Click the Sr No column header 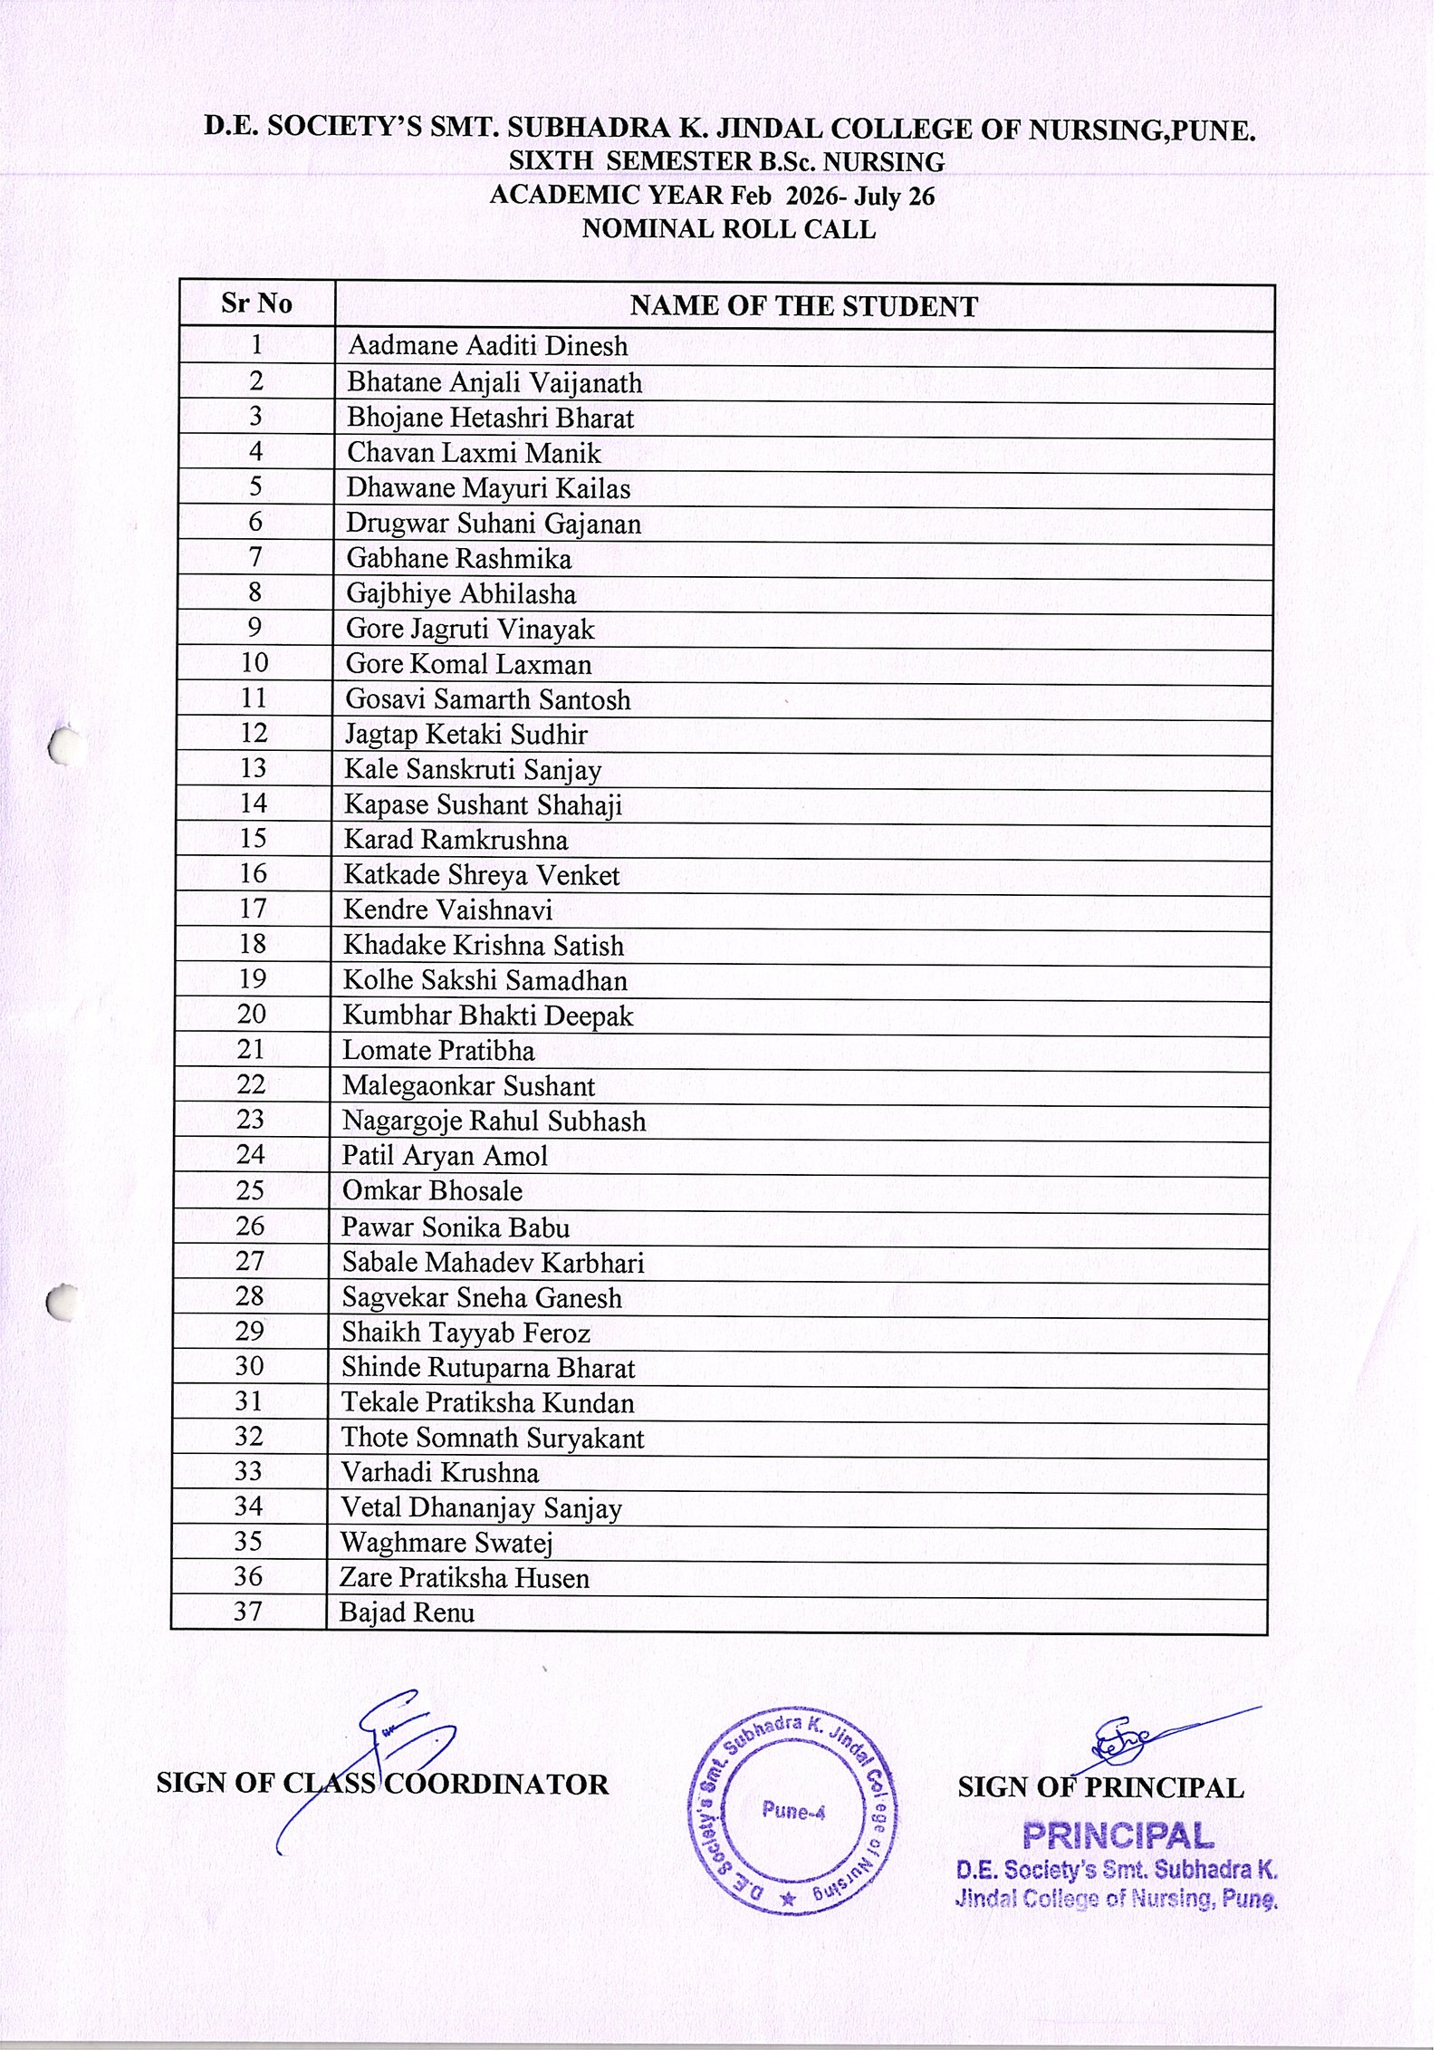(256, 303)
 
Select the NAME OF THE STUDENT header (803, 307)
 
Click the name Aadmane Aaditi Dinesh (487, 346)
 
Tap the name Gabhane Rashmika (458, 559)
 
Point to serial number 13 (253, 768)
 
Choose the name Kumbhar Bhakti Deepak (487, 1016)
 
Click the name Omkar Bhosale (432, 1191)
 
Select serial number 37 (247, 1612)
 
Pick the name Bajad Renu (407, 1612)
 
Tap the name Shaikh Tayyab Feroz (465, 1333)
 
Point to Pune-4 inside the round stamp (792, 1811)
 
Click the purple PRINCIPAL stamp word (1118, 1835)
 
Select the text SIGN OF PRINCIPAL (1100, 1787)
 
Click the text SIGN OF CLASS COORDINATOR (382, 1784)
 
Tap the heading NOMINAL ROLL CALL (728, 229)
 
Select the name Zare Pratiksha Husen (464, 1578)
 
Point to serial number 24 (250, 1155)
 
